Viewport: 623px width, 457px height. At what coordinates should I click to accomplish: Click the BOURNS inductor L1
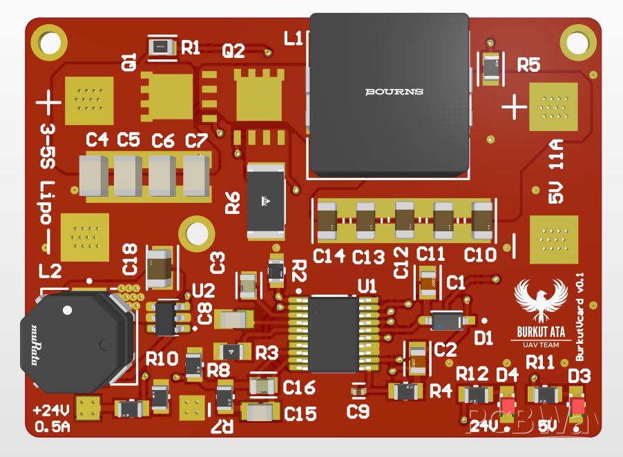[x=390, y=93]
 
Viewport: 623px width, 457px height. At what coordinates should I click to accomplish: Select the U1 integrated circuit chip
[x=334, y=334]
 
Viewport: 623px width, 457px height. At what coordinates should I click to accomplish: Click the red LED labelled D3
[x=578, y=406]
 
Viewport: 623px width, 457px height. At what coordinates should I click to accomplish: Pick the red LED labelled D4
[x=508, y=407]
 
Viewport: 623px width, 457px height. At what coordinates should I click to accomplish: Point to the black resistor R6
[x=266, y=201]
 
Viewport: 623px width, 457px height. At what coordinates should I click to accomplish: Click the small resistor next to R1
[x=161, y=48]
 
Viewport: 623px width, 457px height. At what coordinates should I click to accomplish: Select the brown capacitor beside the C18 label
[x=160, y=268]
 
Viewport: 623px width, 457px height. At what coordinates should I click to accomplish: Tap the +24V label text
[x=51, y=408]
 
